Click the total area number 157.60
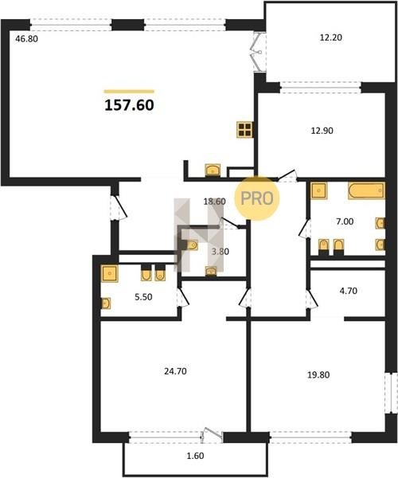130,105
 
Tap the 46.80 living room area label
27,39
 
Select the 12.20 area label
331,37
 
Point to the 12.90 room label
322,131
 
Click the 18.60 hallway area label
214,202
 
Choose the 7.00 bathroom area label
345,221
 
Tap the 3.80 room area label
220,252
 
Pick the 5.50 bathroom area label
143,297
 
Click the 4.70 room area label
349,291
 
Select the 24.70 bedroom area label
175,371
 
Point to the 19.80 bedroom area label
318,374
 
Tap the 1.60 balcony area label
195,456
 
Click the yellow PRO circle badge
256,198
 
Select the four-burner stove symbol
245,130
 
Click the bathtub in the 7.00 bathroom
367,190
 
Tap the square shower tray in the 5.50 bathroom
110,273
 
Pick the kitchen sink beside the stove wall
213,170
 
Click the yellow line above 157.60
129,91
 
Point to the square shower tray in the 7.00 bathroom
319,191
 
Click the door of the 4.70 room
312,299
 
